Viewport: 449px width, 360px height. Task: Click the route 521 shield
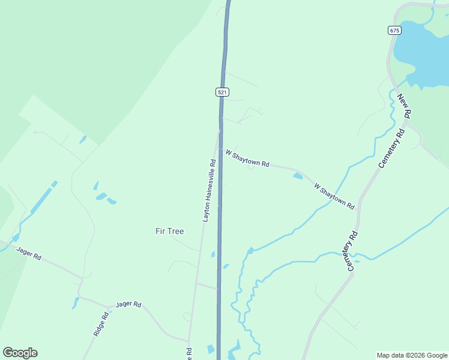click(x=222, y=92)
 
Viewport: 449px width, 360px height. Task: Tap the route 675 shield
click(x=394, y=30)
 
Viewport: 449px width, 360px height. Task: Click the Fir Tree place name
click(x=169, y=231)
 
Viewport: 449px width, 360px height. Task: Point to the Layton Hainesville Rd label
click(x=209, y=190)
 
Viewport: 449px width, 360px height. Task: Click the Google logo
click(x=20, y=353)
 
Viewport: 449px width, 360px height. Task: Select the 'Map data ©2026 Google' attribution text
click(x=411, y=355)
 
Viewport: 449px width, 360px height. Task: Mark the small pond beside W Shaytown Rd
click(x=298, y=176)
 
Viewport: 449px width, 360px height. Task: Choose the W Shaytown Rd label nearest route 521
click(x=247, y=159)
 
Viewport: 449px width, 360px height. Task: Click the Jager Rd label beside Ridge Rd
click(x=128, y=304)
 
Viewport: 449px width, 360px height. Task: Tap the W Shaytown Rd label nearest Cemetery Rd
click(x=334, y=196)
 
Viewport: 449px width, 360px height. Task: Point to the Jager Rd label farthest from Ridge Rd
click(x=29, y=254)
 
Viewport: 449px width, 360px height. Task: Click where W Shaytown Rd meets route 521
click(x=220, y=149)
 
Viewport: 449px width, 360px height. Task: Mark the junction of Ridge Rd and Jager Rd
click(x=110, y=307)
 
